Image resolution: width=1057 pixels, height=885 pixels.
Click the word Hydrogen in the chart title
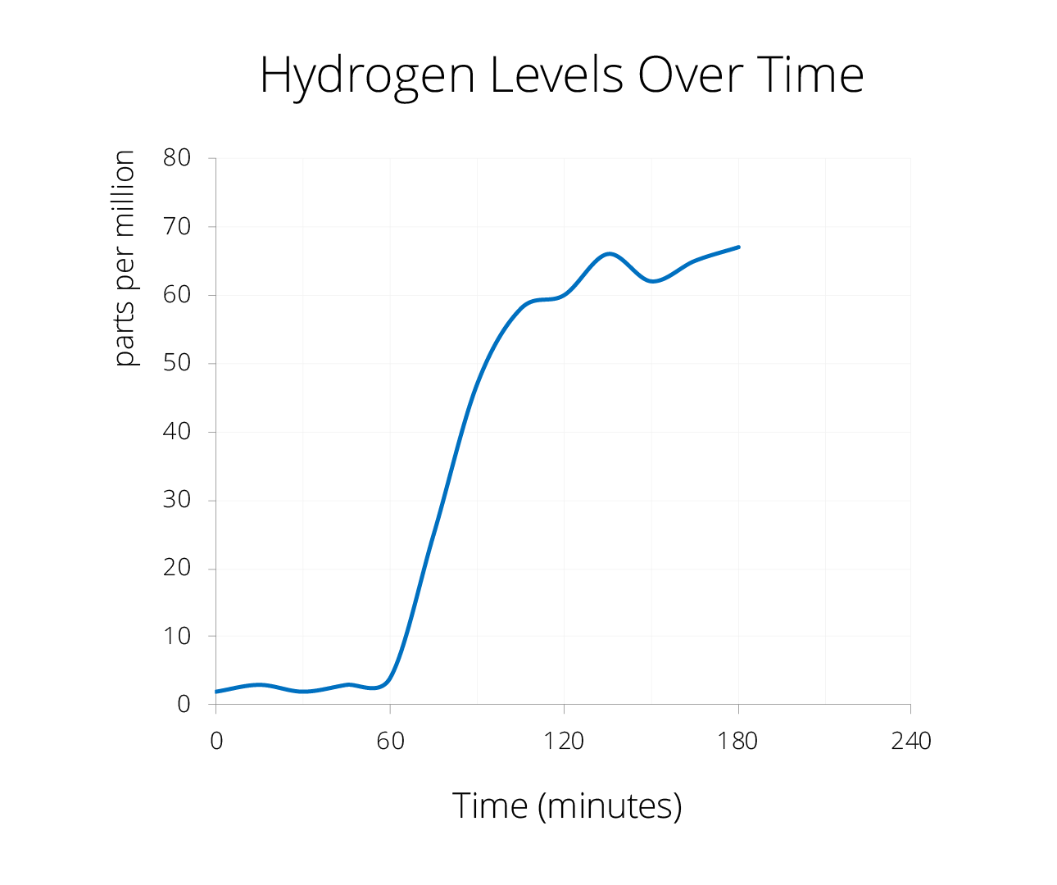(x=367, y=76)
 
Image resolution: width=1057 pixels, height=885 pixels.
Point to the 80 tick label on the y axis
(x=176, y=158)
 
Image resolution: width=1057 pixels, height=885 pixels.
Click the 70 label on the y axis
(x=176, y=226)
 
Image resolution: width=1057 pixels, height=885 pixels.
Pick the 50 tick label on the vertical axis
(x=176, y=363)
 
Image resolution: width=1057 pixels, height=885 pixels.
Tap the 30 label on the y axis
(x=176, y=500)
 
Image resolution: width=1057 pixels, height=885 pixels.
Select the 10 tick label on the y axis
(x=176, y=636)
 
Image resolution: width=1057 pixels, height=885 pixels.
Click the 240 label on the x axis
(x=910, y=742)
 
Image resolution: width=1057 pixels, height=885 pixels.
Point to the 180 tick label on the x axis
(x=737, y=742)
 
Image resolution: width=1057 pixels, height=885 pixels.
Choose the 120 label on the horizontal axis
(x=564, y=742)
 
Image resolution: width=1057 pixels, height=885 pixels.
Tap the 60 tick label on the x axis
(x=390, y=742)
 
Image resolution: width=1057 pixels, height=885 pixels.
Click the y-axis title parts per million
(x=124, y=258)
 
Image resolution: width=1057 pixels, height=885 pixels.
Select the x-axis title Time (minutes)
(x=567, y=806)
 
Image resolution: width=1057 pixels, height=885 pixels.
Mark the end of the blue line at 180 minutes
(x=738, y=247)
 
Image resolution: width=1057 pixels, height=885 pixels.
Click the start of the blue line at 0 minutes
(x=216, y=692)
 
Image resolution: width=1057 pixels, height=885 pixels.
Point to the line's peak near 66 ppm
(x=610, y=254)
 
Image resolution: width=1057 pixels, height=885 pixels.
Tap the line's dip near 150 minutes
(x=652, y=281)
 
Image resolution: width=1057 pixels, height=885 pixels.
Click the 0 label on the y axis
(x=184, y=705)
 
